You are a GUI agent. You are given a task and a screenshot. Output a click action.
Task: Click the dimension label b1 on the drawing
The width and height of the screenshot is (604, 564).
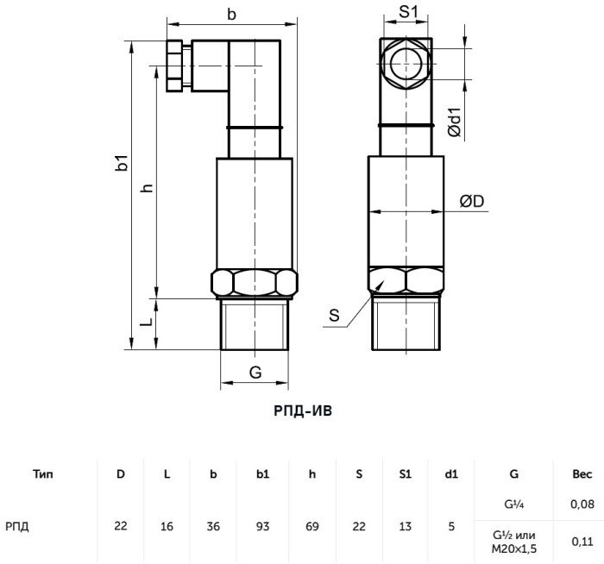pyautogui.click(x=122, y=162)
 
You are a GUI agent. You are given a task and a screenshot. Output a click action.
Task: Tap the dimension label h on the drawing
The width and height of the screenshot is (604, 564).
pyautogui.click(x=148, y=188)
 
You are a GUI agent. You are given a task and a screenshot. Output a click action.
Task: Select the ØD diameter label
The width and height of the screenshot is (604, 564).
pyautogui.click(x=472, y=201)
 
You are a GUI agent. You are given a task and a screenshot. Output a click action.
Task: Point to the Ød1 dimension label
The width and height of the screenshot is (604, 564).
pyautogui.click(x=455, y=122)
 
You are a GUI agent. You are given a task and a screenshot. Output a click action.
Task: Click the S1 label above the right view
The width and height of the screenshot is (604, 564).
pyautogui.click(x=408, y=12)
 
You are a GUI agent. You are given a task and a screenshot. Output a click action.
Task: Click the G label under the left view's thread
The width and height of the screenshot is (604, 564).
pyautogui.click(x=255, y=373)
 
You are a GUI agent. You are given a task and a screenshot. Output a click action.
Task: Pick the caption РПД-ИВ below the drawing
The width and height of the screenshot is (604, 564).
pyautogui.click(x=303, y=410)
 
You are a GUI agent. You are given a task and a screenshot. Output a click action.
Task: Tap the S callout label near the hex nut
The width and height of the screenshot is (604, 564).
pyautogui.click(x=335, y=316)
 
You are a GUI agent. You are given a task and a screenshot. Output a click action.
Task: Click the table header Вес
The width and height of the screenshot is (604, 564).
pyautogui.click(x=582, y=474)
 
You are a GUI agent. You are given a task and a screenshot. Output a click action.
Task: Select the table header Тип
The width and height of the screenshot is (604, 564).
pyautogui.click(x=43, y=474)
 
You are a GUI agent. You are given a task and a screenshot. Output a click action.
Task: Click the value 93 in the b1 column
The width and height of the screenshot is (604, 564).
pyautogui.click(x=262, y=526)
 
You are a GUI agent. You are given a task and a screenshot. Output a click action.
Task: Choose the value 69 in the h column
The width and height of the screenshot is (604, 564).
pyautogui.click(x=312, y=526)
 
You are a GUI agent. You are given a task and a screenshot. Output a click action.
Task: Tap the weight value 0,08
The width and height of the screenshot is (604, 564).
pyautogui.click(x=582, y=504)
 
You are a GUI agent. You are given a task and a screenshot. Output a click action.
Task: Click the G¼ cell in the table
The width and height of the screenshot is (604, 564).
pyautogui.click(x=514, y=504)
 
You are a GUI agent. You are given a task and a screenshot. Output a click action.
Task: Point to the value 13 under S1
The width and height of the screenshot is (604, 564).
pyautogui.click(x=406, y=526)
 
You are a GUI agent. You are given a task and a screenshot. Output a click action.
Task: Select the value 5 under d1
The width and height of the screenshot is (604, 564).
pyautogui.click(x=451, y=526)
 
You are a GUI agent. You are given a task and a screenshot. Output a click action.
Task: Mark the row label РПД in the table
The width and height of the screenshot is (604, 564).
pyautogui.click(x=17, y=526)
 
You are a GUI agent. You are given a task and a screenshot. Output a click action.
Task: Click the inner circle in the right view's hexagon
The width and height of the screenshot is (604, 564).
pyautogui.click(x=406, y=64)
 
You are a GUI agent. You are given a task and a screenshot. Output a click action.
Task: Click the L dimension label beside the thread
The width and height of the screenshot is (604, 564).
pyautogui.click(x=147, y=322)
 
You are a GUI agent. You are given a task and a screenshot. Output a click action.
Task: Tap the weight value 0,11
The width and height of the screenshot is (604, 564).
pyautogui.click(x=582, y=542)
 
